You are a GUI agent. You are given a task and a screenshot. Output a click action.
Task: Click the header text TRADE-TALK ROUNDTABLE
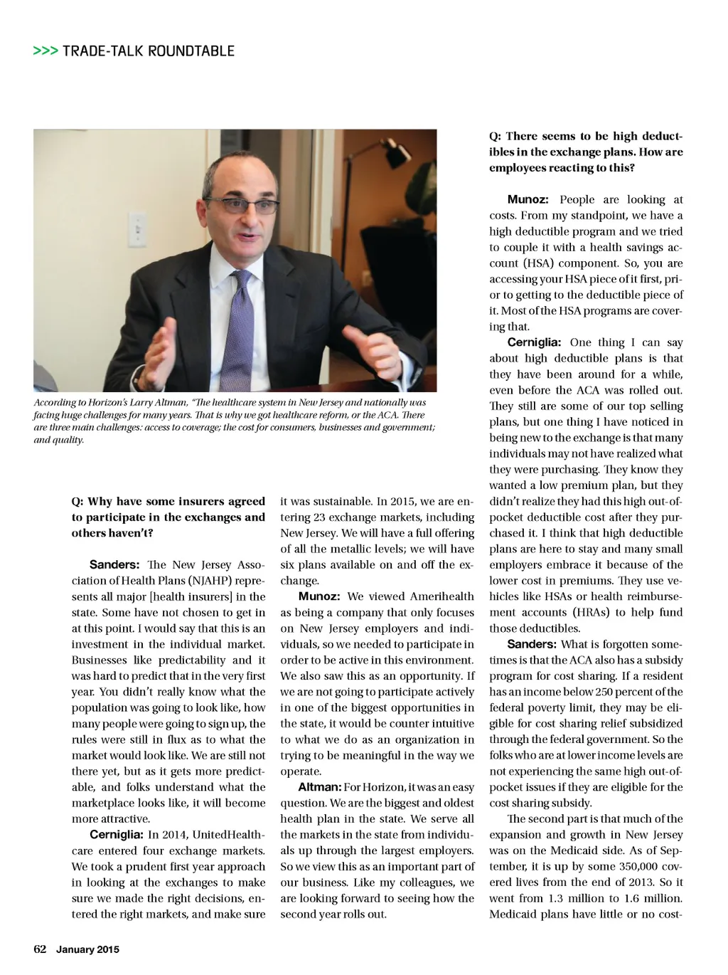149,51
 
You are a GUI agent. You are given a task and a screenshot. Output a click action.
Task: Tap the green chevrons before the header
45,51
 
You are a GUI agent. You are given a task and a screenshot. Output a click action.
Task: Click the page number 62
40,949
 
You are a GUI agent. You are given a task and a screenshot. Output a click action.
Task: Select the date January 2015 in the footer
87,949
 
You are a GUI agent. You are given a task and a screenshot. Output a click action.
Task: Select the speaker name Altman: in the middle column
319,787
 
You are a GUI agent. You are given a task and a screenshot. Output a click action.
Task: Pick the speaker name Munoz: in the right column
528,199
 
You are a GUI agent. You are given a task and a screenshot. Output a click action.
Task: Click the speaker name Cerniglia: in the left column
117,835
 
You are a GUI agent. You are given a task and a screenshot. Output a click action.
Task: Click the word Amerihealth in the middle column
440,596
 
